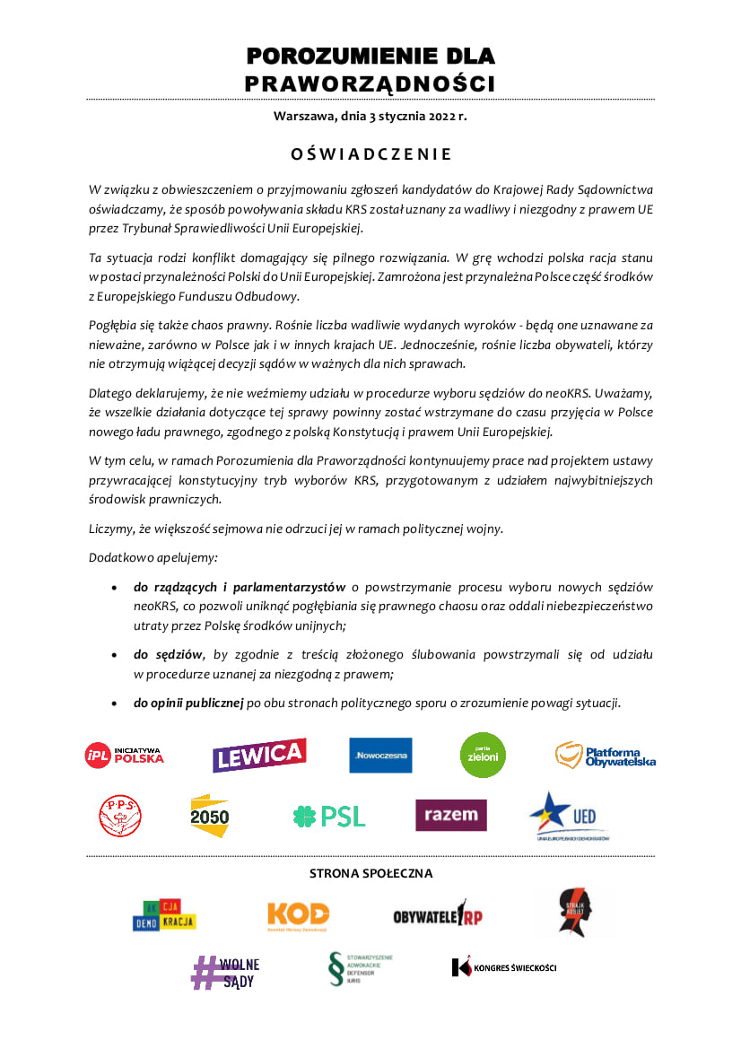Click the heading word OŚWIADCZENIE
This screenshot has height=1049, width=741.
[370, 154]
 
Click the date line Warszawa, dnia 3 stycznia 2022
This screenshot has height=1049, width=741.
[370, 117]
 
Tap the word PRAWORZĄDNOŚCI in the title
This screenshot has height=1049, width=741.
[370, 84]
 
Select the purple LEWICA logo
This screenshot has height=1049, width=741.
[259, 755]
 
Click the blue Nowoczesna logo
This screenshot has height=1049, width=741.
[380, 756]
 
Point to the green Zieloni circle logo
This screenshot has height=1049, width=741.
[483, 755]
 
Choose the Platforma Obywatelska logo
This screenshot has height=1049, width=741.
[606, 756]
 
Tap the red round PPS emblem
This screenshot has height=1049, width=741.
[119, 816]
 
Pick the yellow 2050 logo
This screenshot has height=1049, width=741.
[210, 816]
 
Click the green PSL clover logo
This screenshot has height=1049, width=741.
[329, 816]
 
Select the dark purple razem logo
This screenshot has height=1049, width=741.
[450, 815]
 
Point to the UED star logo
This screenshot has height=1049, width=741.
[569, 816]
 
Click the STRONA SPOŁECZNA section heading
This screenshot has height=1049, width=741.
[370, 873]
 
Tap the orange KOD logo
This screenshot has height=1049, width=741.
[299, 914]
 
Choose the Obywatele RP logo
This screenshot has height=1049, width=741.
[438, 915]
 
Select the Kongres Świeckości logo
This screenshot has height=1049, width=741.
[504, 967]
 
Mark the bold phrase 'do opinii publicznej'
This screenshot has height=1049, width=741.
[188, 702]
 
